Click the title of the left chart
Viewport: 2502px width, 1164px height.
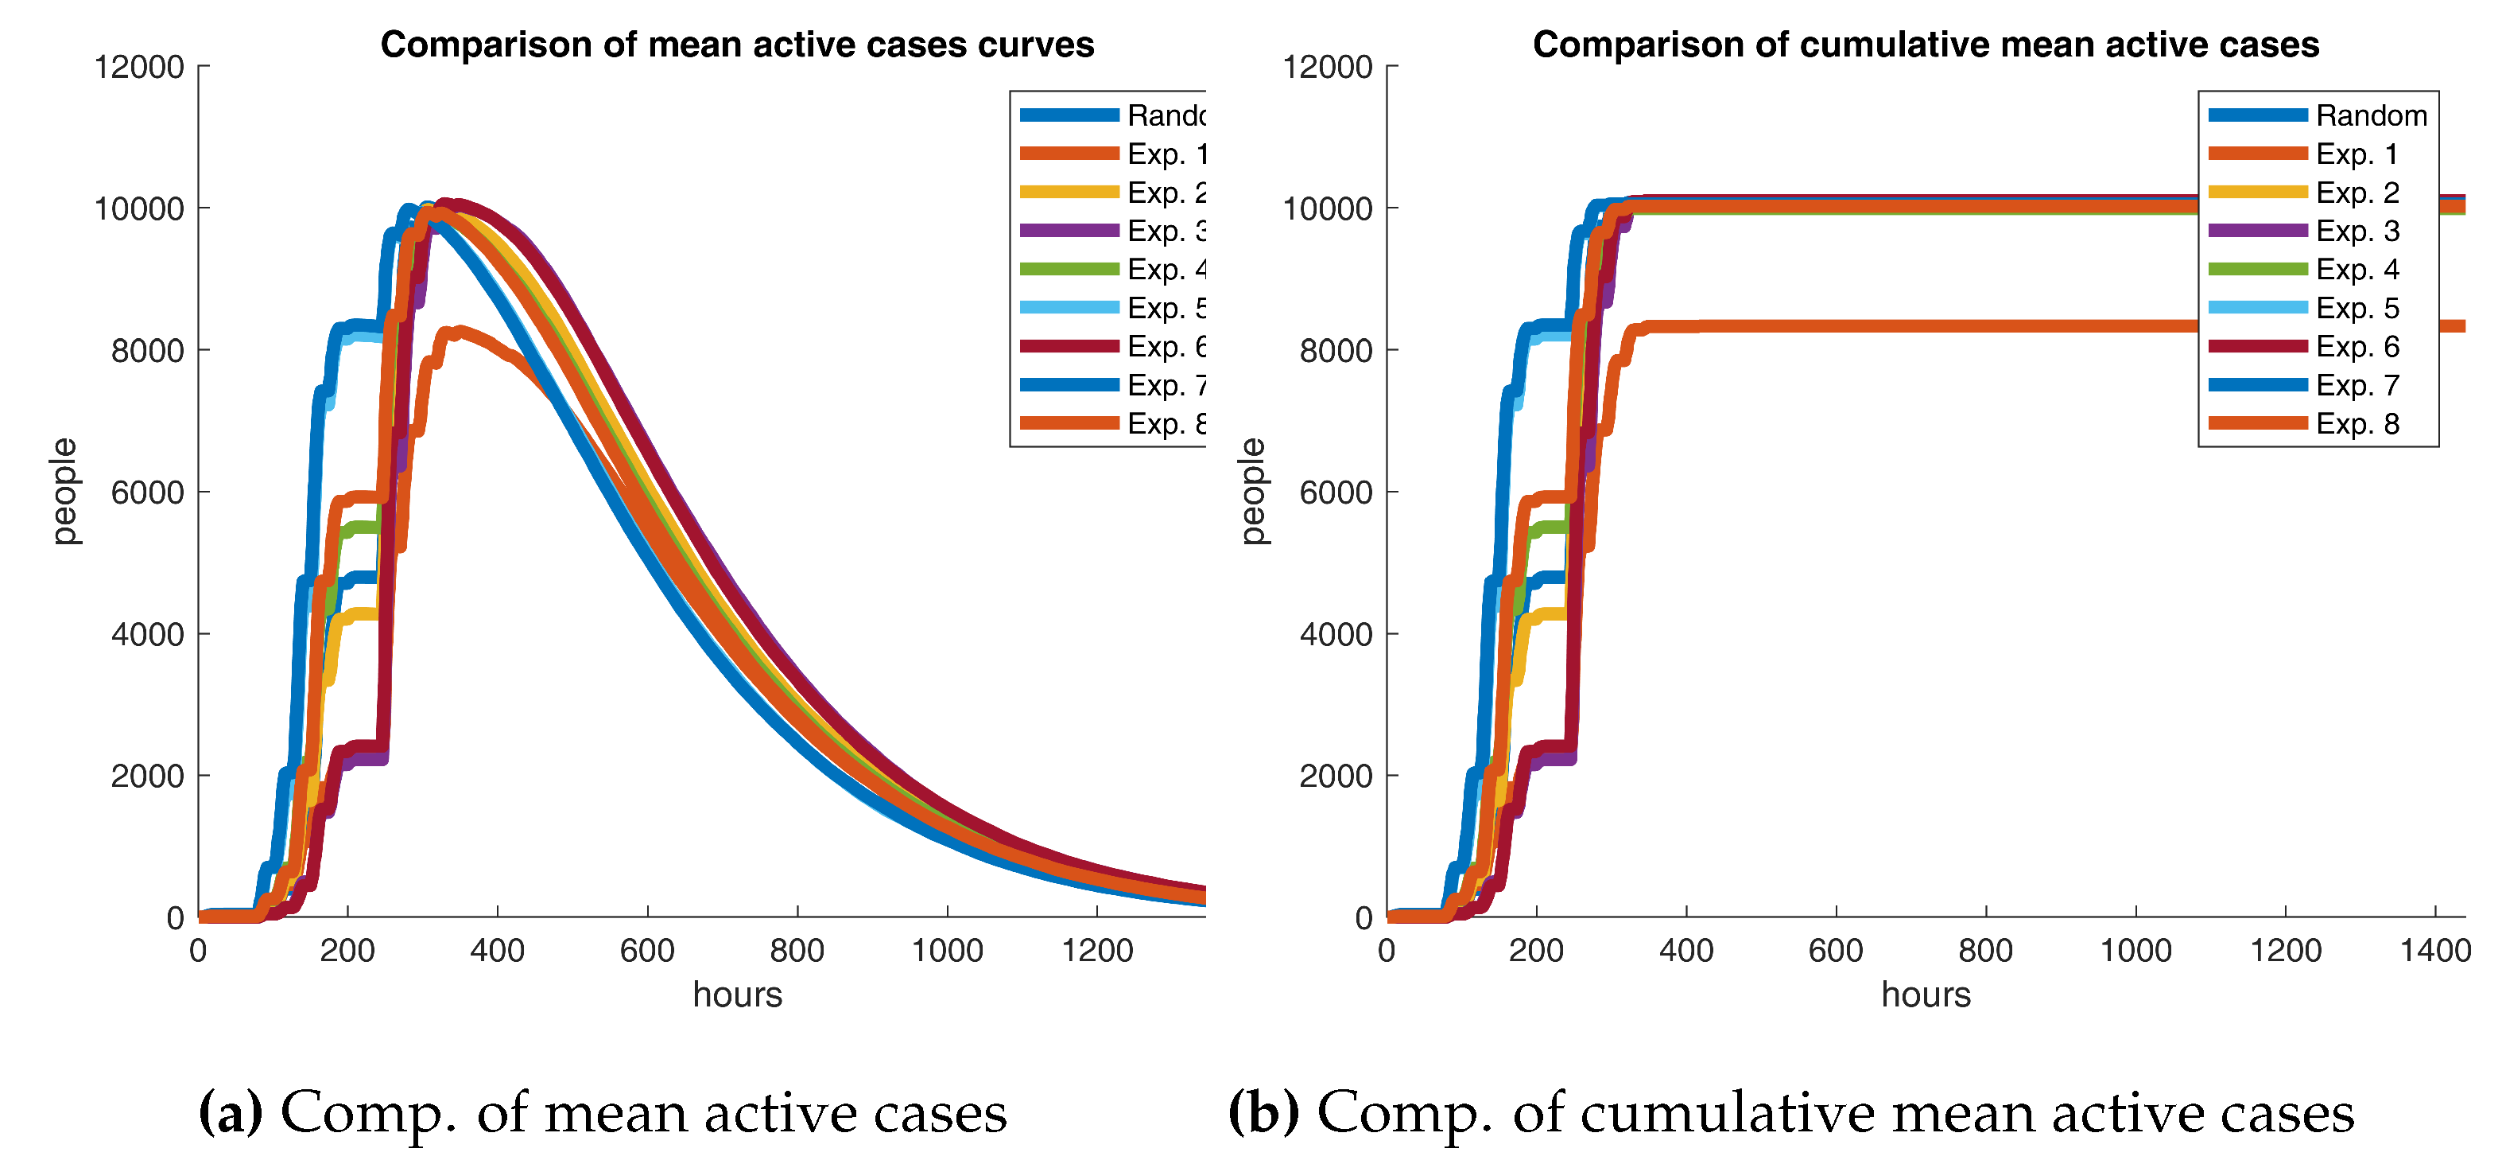point(736,45)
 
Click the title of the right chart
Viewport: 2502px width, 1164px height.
point(1925,45)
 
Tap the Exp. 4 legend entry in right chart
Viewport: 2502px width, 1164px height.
point(2357,269)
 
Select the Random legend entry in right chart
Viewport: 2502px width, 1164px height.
point(2370,115)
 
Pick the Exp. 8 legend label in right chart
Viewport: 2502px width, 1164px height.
point(2357,423)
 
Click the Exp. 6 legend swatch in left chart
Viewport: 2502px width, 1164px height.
point(1069,347)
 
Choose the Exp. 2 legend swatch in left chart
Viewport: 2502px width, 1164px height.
point(1069,193)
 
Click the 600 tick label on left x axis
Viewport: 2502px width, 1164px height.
point(647,949)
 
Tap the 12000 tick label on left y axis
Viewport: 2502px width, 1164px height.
point(139,67)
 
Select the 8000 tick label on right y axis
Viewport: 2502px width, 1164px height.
point(1336,351)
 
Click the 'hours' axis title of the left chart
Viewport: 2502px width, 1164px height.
point(737,994)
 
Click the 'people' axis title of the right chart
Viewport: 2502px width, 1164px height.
point(1252,491)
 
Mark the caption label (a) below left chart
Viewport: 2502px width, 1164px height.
point(231,1111)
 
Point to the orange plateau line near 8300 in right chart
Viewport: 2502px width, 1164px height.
point(1942,326)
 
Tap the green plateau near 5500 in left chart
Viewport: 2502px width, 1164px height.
point(360,527)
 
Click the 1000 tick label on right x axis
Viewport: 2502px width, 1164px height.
point(2135,949)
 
